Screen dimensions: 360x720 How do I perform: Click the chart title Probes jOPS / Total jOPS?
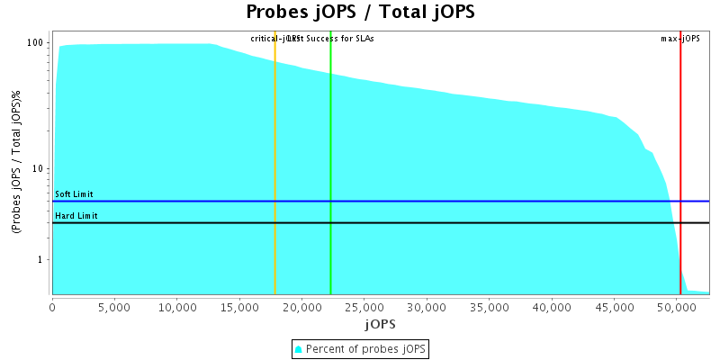coord(360,13)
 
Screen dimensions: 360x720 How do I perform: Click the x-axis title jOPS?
coord(379,323)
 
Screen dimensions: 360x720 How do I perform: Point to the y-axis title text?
coord(16,162)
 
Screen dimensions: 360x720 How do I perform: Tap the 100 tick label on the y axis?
coord(36,43)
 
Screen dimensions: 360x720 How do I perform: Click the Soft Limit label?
coord(74,194)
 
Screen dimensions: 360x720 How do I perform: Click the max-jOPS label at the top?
coord(679,39)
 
